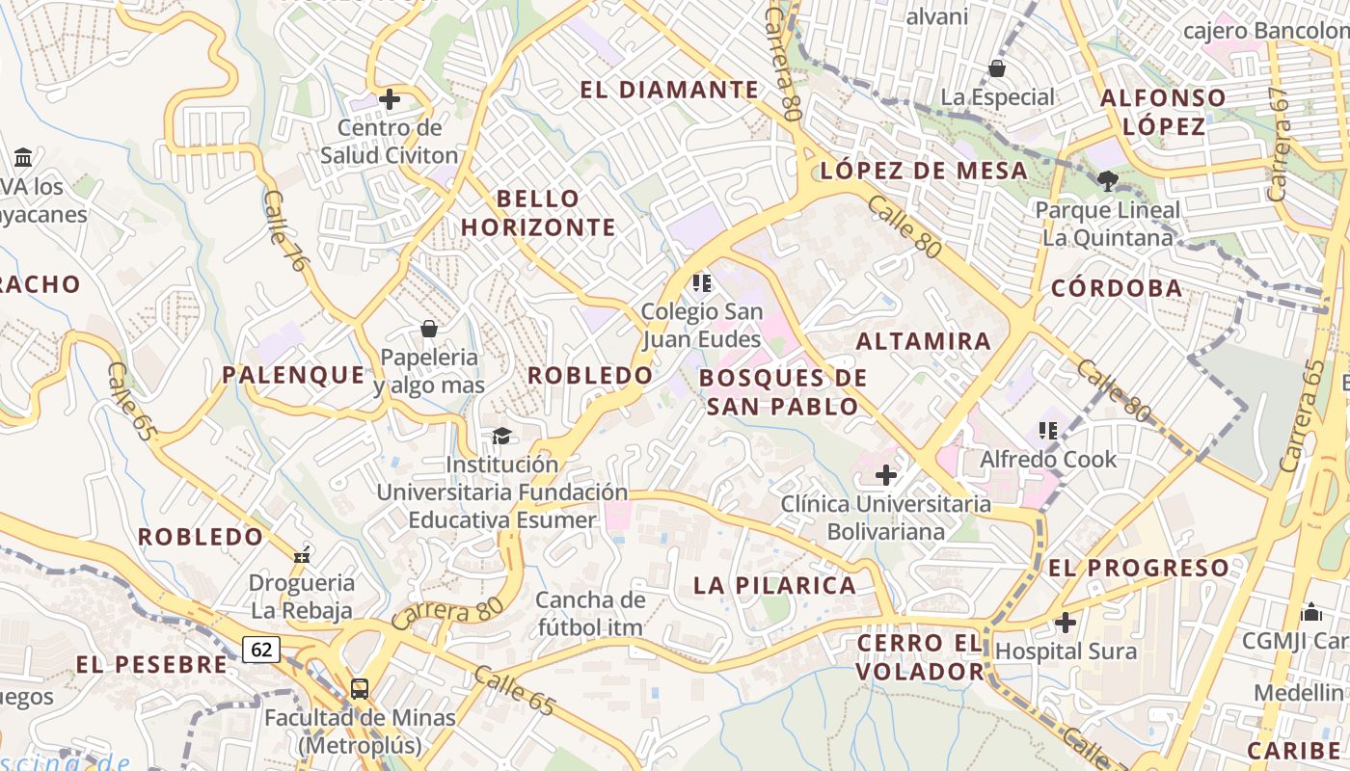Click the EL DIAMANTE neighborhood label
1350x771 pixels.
tap(669, 90)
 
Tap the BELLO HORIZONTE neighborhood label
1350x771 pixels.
tap(538, 213)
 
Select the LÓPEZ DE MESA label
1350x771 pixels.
tap(923, 171)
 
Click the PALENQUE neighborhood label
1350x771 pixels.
tap(294, 375)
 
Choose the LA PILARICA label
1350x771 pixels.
tap(774, 585)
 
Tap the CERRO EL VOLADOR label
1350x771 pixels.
tap(921, 656)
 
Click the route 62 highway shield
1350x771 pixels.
tap(261, 650)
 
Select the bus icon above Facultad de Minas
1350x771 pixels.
tap(359, 688)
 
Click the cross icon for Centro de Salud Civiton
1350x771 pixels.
tap(390, 98)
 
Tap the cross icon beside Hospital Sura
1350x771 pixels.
tap(1065, 623)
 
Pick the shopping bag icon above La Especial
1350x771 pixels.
tap(997, 68)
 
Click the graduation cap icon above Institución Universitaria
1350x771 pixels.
tap(500, 437)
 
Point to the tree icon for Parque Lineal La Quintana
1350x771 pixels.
tap(1107, 179)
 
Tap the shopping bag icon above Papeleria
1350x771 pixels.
tap(428, 330)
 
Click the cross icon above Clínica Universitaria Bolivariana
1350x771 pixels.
tap(885, 474)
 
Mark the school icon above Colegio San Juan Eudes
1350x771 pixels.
tap(701, 282)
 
